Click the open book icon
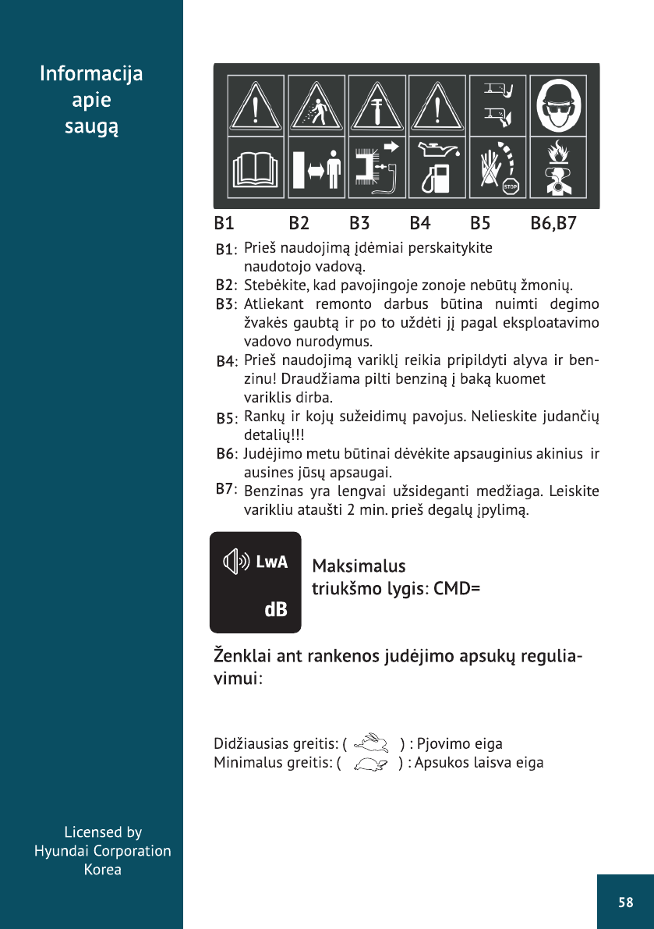coord(256,170)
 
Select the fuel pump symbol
coord(433,179)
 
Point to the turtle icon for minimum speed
coord(370,764)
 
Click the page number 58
coord(625,902)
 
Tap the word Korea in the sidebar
coord(103,869)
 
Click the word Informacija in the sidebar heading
coord(91,74)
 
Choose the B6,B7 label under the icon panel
coord(553,224)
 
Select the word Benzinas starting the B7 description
coord(271,492)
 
